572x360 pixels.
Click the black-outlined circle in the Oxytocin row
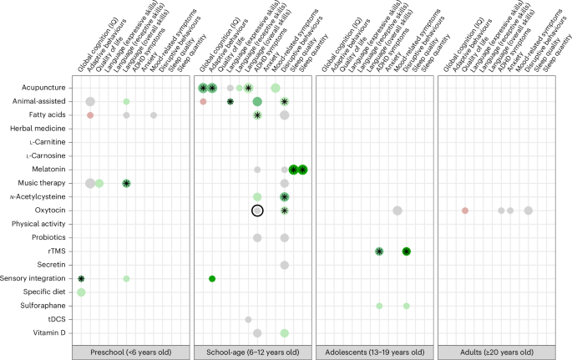pos(257,210)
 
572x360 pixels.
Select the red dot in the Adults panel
pos(465,210)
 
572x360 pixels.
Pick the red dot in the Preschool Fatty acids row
pos(90,115)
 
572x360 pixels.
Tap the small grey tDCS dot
pos(248,319)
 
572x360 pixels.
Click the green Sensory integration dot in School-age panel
pos(212,278)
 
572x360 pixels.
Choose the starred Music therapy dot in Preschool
pos(126,183)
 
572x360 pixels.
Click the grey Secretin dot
pos(285,265)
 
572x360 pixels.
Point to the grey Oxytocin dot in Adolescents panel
pos(397,210)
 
